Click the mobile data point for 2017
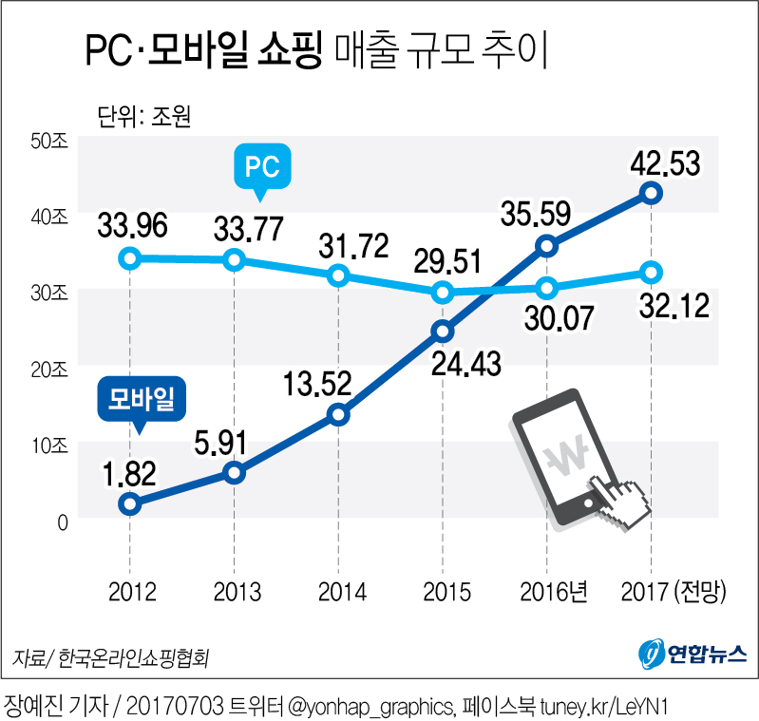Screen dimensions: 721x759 pyautogui.click(x=651, y=193)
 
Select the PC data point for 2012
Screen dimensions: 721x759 pyautogui.click(x=131, y=257)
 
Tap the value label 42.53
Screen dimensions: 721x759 pyautogui.click(x=664, y=162)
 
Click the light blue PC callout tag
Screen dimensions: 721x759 pyautogui.click(x=261, y=168)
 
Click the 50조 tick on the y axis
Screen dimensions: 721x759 pyautogui.click(x=48, y=142)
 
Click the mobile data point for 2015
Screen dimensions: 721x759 pyautogui.click(x=443, y=331)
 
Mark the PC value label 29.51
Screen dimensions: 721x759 pyautogui.click(x=446, y=259)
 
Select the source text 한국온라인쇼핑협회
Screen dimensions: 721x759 pyautogui.click(x=132, y=657)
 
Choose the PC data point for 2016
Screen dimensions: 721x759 pyautogui.click(x=546, y=287)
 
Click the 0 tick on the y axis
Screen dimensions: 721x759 pyautogui.click(x=63, y=522)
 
